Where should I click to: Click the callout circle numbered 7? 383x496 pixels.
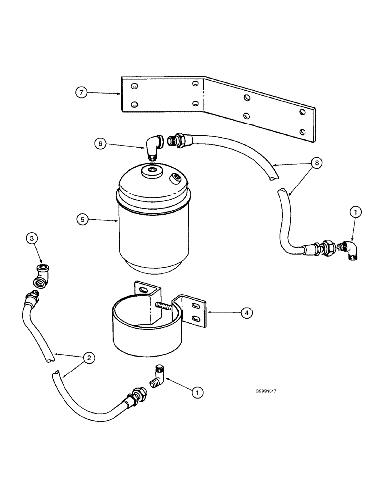81,93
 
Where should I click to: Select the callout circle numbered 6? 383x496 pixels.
101,144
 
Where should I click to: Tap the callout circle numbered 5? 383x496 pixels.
82,219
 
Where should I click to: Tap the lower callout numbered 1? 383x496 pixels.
198,392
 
